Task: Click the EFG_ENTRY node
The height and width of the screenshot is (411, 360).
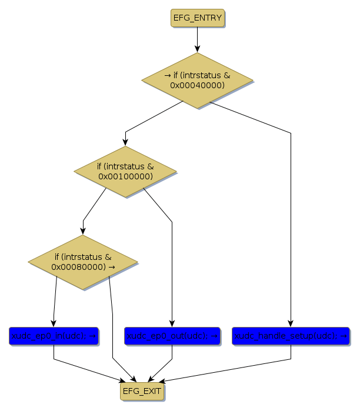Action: [198, 18]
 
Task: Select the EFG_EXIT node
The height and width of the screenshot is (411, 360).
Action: [141, 390]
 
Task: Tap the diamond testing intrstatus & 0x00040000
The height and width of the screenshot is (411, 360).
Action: [197, 81]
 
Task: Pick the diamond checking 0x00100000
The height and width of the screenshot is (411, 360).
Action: [125, 172]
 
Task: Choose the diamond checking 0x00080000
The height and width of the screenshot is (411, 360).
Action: [82, 262]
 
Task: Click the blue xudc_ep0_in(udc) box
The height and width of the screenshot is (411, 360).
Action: [54, 336]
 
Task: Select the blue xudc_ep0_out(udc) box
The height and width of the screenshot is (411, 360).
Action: [172, 336]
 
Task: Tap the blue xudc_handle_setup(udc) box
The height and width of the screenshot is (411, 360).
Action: [291, 336]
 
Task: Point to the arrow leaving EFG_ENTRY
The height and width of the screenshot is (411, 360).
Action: [197, 39]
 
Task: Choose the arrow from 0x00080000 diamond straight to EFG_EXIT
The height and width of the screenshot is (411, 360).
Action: [112, 329]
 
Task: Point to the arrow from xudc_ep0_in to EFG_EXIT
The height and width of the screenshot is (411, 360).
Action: [88, 367]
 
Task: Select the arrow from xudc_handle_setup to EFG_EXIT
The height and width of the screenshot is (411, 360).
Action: [235, 367]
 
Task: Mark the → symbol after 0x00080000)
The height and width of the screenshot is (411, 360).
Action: [112, 266]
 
